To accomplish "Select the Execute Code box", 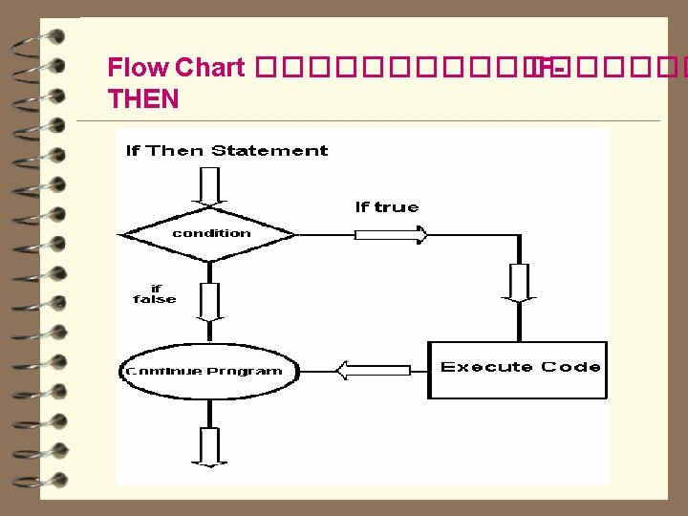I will click(519, 369).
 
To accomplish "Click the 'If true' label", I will click(387, 207).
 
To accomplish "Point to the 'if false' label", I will click(155, 293).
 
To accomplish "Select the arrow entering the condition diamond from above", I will click(209, 187).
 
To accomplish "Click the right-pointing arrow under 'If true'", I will click(391, 234).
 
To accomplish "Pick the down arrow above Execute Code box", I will click(519, 282).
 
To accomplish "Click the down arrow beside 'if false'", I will click(209, 300).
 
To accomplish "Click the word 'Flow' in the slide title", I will click(139, 68).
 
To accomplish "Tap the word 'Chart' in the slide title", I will click(210, 68).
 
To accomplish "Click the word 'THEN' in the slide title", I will click(143, 97).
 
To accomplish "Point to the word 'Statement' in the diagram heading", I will click(269, 150).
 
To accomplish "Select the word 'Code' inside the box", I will click(571, 367).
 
